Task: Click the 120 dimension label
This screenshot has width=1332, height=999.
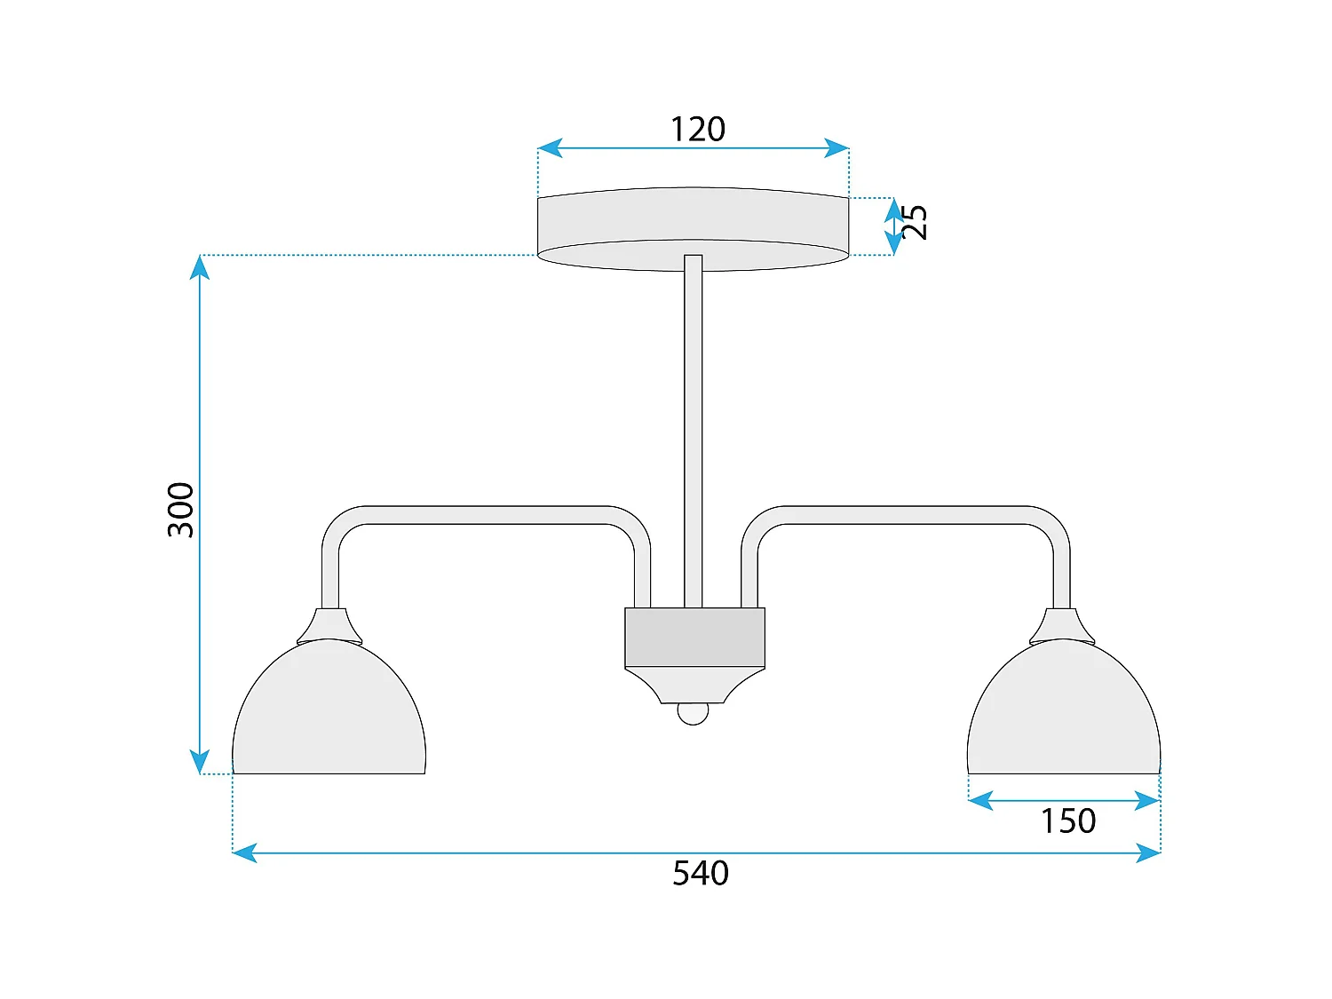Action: (697, 130)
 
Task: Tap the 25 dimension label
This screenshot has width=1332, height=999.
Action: (915, 222)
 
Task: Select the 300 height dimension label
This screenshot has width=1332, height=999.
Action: (180, 510)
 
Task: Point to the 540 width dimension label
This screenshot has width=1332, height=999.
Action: (700, 874)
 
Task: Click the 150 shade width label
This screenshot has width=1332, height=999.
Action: (1067, 821)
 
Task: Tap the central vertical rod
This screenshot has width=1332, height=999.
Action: (693, 426)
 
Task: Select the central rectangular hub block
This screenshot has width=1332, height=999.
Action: (694, 637)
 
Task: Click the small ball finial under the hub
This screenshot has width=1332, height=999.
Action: (693, 712)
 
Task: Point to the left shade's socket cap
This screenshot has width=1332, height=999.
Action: (329, 625)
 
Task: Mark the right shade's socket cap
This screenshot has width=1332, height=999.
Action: (1062, 625)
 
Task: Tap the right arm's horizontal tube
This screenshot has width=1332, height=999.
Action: (906, 515)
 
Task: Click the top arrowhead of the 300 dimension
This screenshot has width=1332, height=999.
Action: (200, 266)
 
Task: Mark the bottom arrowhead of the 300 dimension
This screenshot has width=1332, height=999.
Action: (200, 763)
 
